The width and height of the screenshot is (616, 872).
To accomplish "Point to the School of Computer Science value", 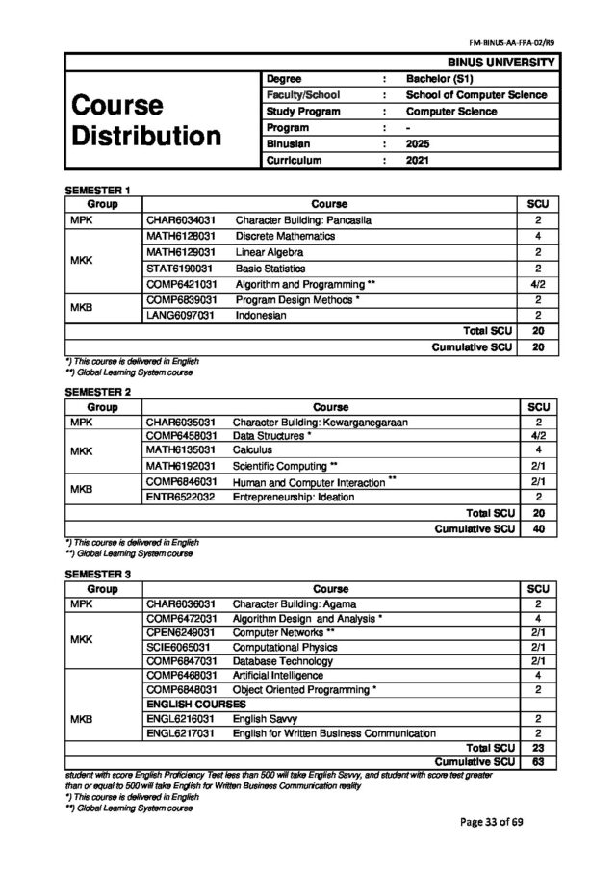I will click(x=476, y=95).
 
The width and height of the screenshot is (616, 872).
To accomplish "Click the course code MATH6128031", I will click(x=180, y=236).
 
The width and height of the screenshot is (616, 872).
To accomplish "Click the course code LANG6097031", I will click(x=180, y=315).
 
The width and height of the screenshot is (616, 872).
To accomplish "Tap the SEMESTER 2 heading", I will click(x=97, y=393).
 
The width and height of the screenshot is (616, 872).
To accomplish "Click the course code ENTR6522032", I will click(x=180, y=497).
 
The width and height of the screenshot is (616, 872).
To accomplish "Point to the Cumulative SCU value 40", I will click(x=538, y=528).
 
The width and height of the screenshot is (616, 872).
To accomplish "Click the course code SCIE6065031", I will click(x=180, y=647).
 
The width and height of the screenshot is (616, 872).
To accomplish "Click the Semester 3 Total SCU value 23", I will click(x=538, y=747).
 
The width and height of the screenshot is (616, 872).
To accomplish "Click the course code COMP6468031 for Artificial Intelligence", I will click(x=180, y=676).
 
